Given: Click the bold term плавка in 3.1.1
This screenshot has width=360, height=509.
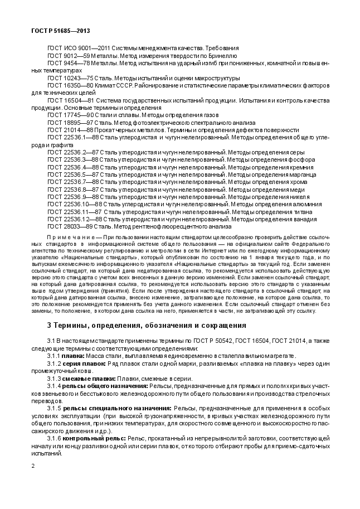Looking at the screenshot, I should [72, 356].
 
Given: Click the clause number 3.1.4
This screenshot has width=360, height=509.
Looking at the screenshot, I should [53, 386].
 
